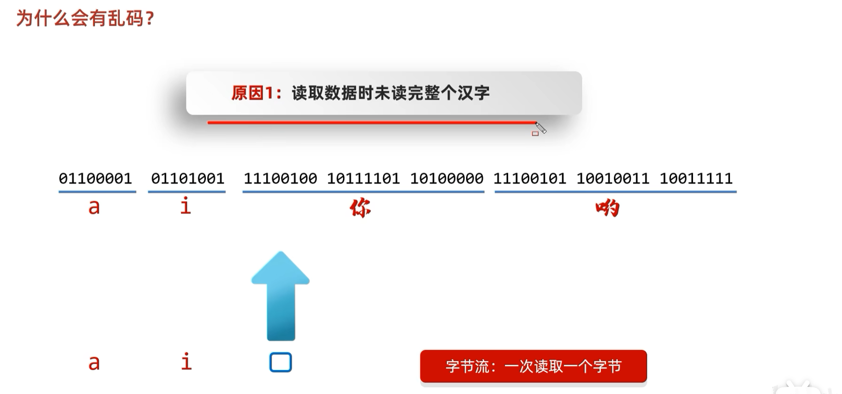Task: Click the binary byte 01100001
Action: tap(95, 179)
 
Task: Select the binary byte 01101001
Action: tap(188, 179)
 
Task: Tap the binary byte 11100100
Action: tap(280, 179)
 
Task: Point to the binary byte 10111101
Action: tap(364, 179)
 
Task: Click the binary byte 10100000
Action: tap(446, 179)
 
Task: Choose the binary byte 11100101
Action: tap(530, 179)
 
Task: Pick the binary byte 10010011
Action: tap(613, 179)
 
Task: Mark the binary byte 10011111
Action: tap(696, 179)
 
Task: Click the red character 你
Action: tap(360, 209)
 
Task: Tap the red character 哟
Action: tap(608, 209)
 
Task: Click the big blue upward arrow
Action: tap(281, 295)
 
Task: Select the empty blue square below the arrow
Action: tap(281, 362)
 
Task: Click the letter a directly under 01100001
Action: tap(94, 207)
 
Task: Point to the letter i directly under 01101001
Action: tap(186, 206)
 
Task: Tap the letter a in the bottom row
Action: tap(94, 363)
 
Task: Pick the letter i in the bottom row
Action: tap(186, 361)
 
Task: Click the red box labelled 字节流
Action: tap(533, 366)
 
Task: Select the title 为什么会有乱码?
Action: tap(85, 19)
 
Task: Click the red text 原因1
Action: tap(256, 93)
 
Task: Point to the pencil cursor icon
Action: tap(541, 128)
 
